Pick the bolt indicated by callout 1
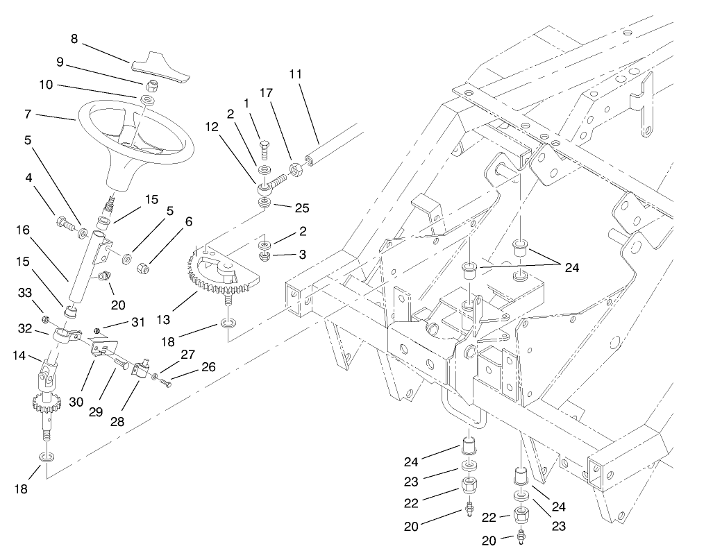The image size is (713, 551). point(265,148)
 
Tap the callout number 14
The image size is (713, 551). point(18,356)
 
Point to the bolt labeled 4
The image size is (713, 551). point(64,223)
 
